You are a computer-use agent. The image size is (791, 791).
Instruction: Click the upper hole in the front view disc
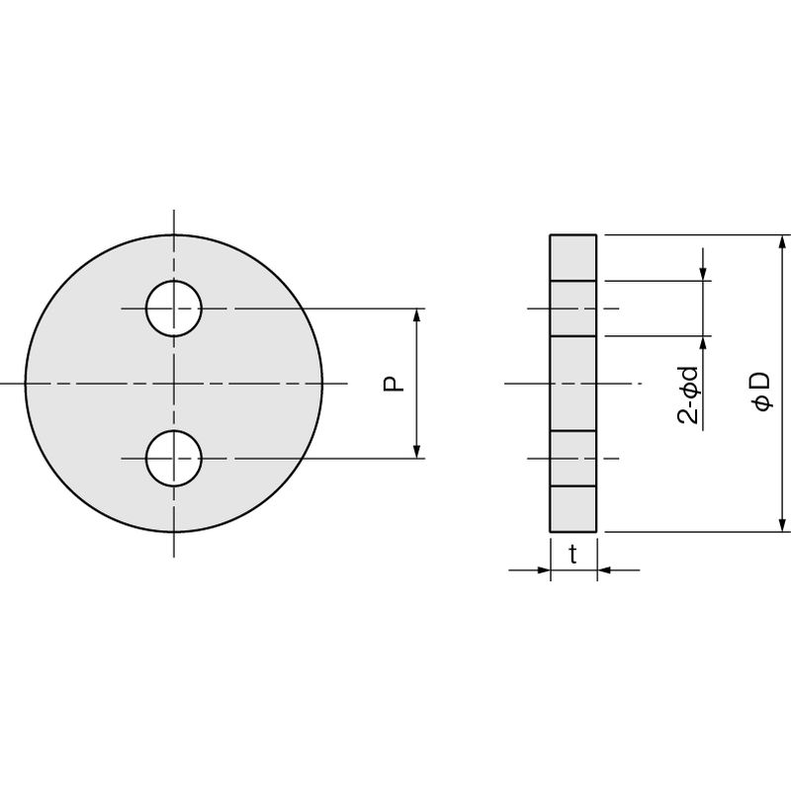[174, 308]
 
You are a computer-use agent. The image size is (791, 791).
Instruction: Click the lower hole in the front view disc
[174, 459]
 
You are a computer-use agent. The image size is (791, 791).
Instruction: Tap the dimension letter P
[394, 384]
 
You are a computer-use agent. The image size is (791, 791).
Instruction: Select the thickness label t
[572, 555]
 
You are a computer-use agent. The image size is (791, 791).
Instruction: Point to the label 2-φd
[688, 395]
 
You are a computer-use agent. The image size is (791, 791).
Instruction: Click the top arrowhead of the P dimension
[416, 315]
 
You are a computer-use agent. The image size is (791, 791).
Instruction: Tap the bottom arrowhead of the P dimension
[416, 452]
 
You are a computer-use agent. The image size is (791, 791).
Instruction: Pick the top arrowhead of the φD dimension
[782, 241]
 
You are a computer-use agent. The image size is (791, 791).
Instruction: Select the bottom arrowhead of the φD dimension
[782, 525]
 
